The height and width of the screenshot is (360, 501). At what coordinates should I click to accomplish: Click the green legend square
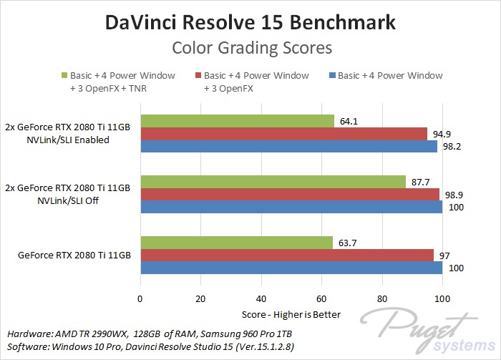(x=64, y=75)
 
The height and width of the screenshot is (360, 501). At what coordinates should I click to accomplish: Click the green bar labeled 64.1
(x=237, y=121)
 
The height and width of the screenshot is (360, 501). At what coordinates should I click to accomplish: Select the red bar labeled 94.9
(x=283, y=134)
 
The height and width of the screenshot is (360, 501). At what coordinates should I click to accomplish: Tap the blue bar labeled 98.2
(x=288, y=146)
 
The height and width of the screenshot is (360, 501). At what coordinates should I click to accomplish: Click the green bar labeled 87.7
(x=273, y=182)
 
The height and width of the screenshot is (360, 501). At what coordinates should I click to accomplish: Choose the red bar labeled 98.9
(x=289, y=194)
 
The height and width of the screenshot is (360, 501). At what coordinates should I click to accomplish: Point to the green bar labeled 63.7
(x=236, y=243)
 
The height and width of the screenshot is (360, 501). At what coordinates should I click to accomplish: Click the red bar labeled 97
(x=286, y=255)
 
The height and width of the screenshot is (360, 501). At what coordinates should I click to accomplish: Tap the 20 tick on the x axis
(x=200, y=299)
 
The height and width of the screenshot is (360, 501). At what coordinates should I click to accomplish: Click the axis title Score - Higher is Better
(x=290, y=315)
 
